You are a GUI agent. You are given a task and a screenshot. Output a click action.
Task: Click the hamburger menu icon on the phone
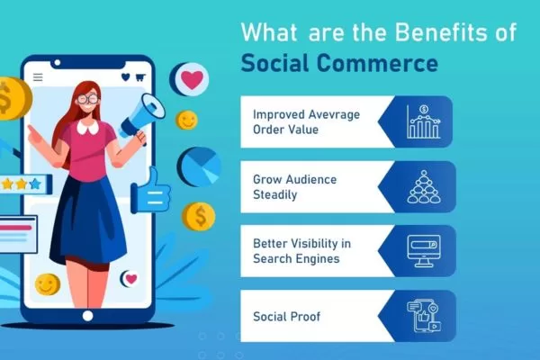37,77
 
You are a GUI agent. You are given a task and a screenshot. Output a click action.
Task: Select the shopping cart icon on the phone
139,77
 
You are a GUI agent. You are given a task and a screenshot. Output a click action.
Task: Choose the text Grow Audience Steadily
294,186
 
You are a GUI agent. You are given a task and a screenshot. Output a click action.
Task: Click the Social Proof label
287,316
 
